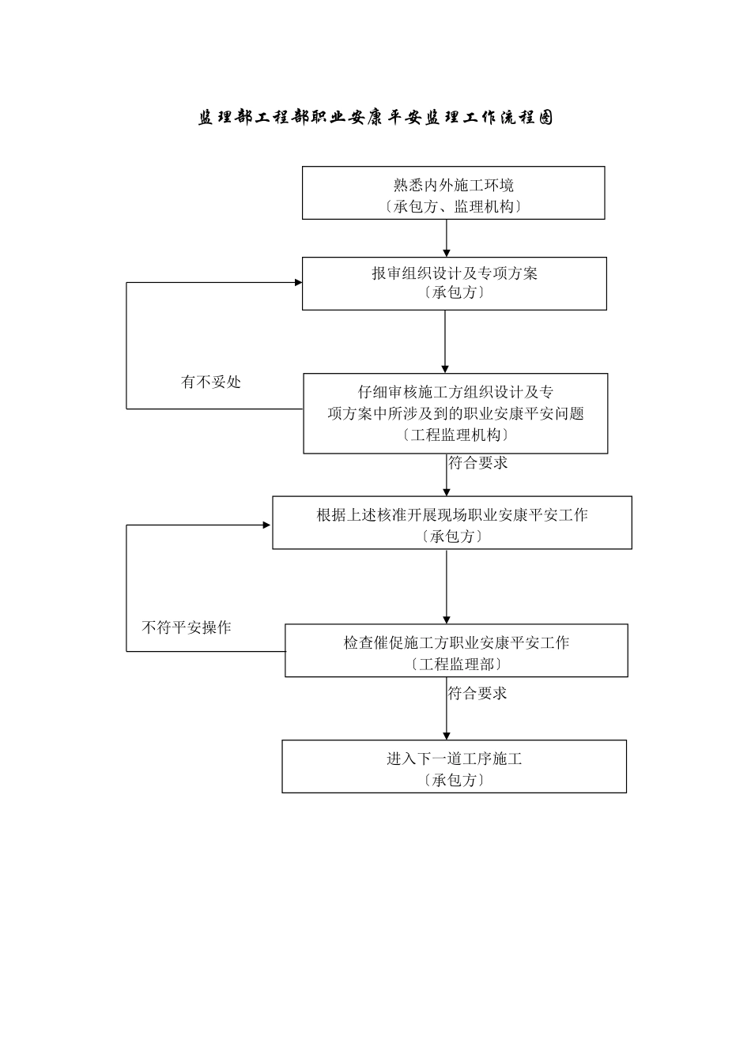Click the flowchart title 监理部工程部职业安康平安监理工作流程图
[x=375, y=118]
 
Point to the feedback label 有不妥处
[x=211, y=382]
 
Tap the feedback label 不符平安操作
[x=187, y=628]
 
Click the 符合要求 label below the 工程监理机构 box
[x=478, y=463]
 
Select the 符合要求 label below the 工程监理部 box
[x=477, y=694]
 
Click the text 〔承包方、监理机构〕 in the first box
[x=453, y=207]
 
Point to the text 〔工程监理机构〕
[x=455, y=435]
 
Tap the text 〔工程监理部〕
[x=456, y=665]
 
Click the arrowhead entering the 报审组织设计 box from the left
[x=298, y=282]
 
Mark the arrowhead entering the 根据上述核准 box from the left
[x=268, y=525]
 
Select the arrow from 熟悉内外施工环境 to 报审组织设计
[x=447, y=238]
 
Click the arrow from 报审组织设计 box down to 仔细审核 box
[x=445, y=341]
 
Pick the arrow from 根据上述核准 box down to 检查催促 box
[x=447, y=586]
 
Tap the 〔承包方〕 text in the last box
[x=454, y=781]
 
